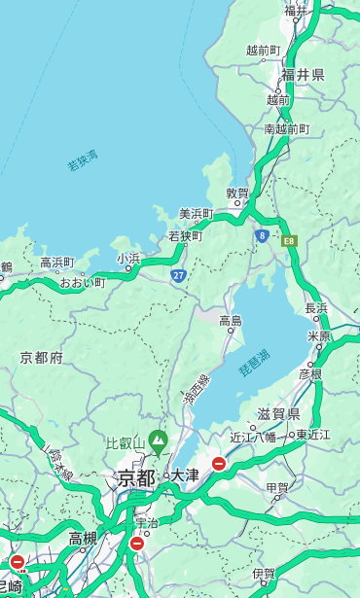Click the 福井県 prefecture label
303,75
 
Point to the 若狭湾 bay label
82,161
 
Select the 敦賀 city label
237,193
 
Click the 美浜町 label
196,214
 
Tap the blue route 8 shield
262,235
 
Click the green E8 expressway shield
289,240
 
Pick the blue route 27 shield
179,276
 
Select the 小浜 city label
128,259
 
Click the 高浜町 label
56,263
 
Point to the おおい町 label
82,282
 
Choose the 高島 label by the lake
231,321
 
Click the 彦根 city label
309,373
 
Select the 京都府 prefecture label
41,358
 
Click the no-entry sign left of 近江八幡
219,465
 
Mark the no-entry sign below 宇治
136,544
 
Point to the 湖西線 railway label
197,391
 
